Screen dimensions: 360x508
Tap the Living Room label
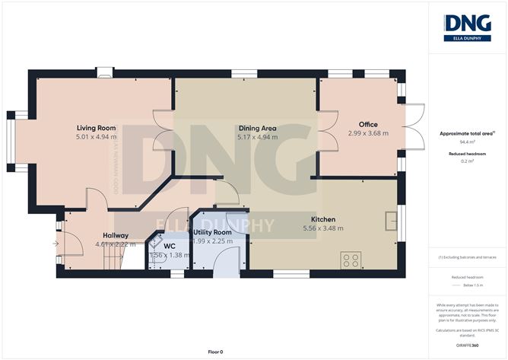pos(95,128)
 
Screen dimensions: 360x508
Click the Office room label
pos(368,124)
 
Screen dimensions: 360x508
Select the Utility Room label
pos(212,232)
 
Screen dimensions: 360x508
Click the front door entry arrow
pos(55,244)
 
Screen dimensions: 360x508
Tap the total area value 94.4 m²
pos(467,142)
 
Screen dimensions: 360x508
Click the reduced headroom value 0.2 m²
pos(467,161)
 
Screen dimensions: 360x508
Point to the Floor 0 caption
pos(216,352)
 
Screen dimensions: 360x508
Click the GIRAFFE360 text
pos(467,345)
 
